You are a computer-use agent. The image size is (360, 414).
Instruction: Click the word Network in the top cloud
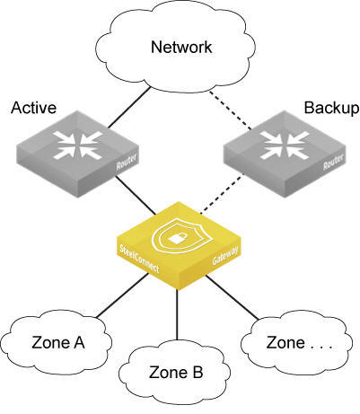181,48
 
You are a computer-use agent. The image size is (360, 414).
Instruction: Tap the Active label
33,108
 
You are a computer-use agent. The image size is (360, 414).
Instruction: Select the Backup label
331,109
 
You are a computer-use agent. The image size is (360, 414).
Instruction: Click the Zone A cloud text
58,343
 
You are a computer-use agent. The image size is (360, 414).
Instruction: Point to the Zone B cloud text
176,373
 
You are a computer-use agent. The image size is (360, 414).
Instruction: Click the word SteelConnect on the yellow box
139,259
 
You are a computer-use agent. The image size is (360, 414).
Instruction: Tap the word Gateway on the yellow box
225,255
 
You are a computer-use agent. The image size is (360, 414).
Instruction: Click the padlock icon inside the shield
177,239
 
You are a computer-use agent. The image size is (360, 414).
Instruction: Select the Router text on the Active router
127,162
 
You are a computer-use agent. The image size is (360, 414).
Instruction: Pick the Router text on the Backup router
333,162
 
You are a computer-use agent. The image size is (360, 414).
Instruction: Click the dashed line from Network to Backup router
231,110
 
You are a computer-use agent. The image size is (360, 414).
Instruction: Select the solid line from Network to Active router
128,108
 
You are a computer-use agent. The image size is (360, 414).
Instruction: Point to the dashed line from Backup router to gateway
222,195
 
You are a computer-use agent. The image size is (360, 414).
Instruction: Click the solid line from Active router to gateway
136,195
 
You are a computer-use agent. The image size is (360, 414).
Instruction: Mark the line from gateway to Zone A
122,295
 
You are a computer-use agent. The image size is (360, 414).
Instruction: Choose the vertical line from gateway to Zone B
177,314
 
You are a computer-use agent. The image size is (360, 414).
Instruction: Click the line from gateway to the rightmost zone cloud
232,297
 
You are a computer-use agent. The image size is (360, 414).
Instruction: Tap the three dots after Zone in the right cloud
321,348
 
